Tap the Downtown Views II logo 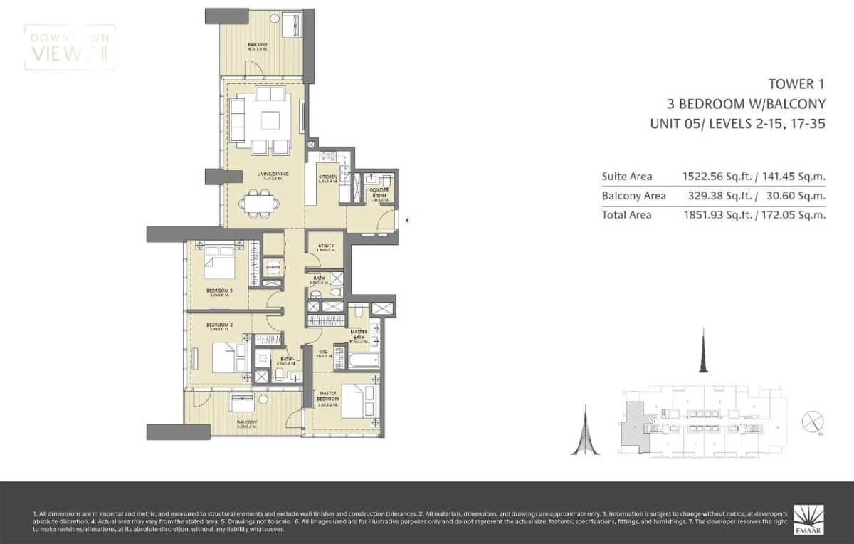point(69,48)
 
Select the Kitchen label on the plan point(327,179)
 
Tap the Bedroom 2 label point(218,327)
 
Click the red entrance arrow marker point(406,220)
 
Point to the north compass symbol point(812,422)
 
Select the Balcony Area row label point(633,196)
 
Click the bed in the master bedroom point(357,400)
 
